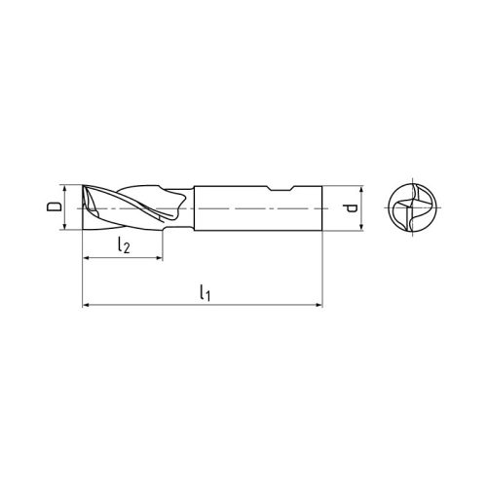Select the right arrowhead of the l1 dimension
point(317,306)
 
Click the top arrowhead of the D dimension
point(66,188)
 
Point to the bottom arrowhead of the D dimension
point(66,226)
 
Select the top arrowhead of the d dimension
point(361,189)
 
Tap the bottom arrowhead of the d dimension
point(361,227)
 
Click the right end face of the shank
point(320,207)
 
